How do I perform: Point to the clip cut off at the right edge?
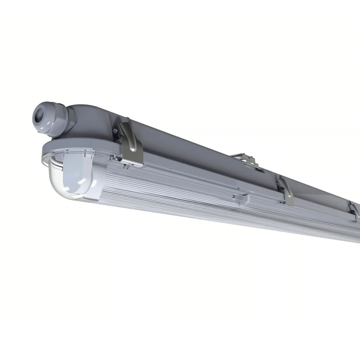click(x=354, y=210)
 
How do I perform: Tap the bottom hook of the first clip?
click(x=134, y=162)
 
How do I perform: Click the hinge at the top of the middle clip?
click(x=280, y=178)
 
